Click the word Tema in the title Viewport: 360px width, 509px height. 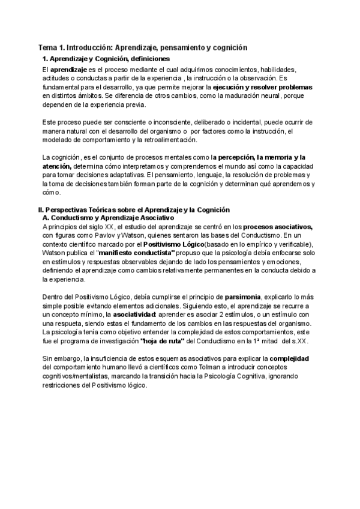[48, 47]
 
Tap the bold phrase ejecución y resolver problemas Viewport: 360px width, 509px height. [263, 87]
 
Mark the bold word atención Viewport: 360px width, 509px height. [57, 166]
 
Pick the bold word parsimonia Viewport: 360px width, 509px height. [244, 297]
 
